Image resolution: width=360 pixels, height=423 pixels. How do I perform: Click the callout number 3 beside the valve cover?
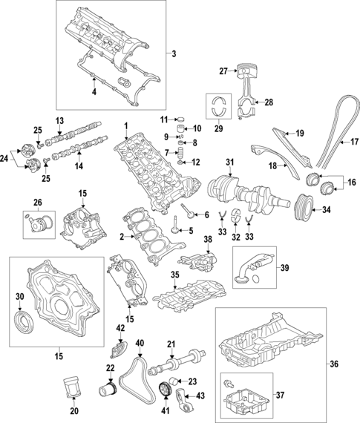click(173, 54)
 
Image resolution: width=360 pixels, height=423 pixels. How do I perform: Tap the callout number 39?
click(282, 266)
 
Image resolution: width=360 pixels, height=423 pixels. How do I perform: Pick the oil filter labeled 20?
click(72, 390)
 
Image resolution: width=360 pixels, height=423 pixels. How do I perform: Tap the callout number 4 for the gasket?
click(94, 92)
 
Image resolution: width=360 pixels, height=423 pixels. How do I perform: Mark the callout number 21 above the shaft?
click(170, 344)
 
